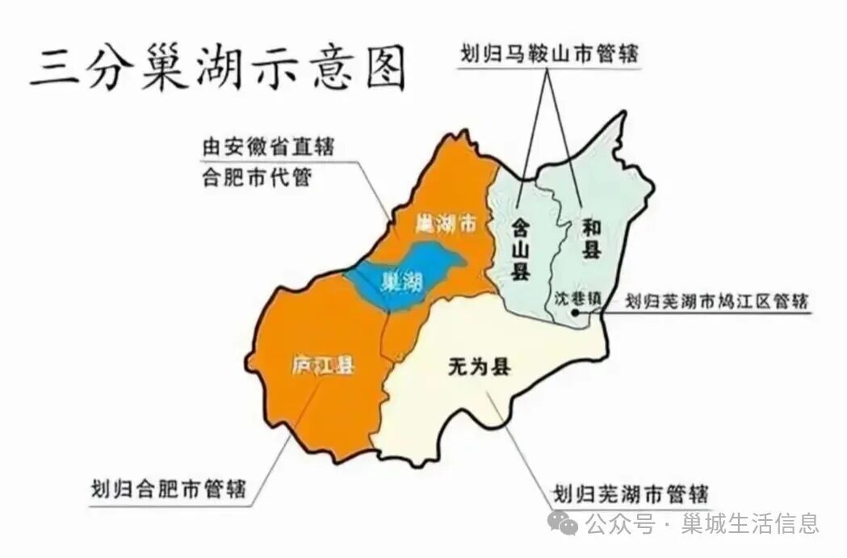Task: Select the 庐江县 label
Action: point(323,365)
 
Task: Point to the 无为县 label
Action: point(479,367)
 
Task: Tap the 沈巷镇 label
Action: point(578,297)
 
